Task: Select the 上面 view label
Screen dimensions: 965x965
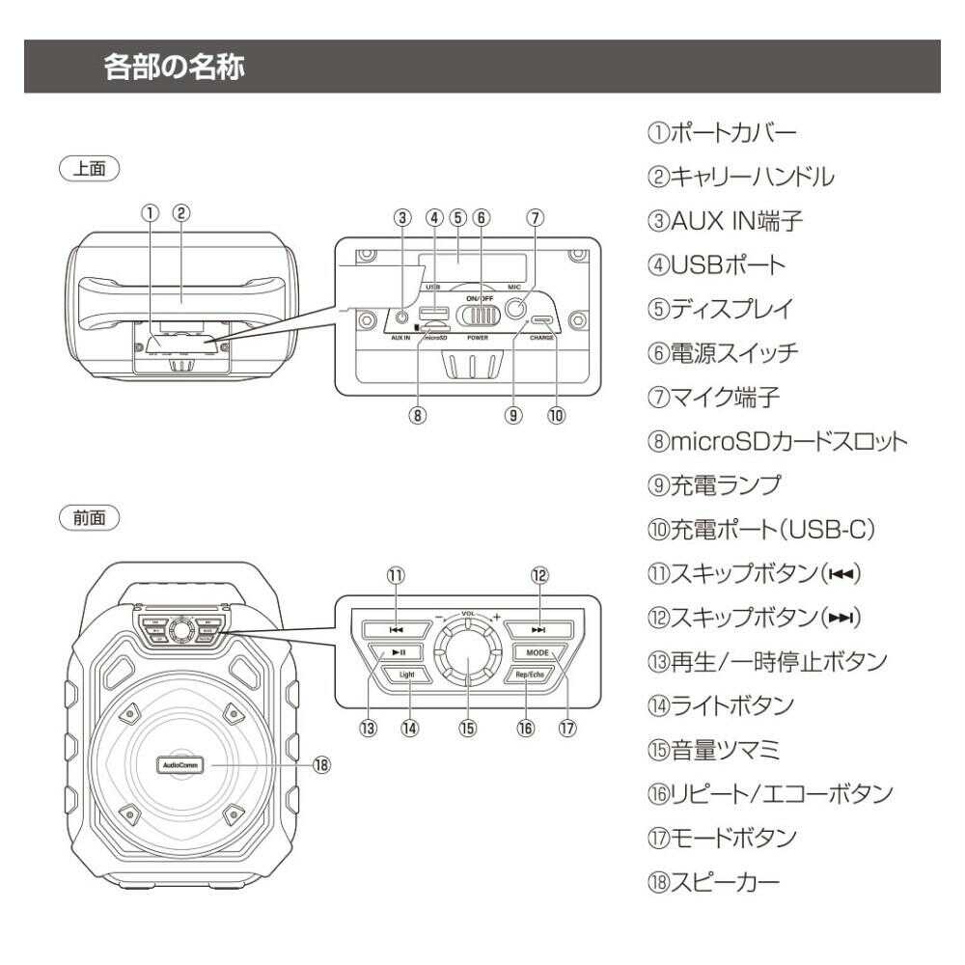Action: pyautogui.click(x=90, y=167)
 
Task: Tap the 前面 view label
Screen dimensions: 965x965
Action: pyautogui.click(x=90, y=517)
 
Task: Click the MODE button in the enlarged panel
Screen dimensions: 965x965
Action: pyautogui.click(x=538, y=652)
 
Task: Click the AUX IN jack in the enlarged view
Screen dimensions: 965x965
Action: pyautogui.click(x=400, y=317)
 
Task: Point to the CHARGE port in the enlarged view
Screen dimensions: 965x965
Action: pyautogui.click(x=540, y=321)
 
